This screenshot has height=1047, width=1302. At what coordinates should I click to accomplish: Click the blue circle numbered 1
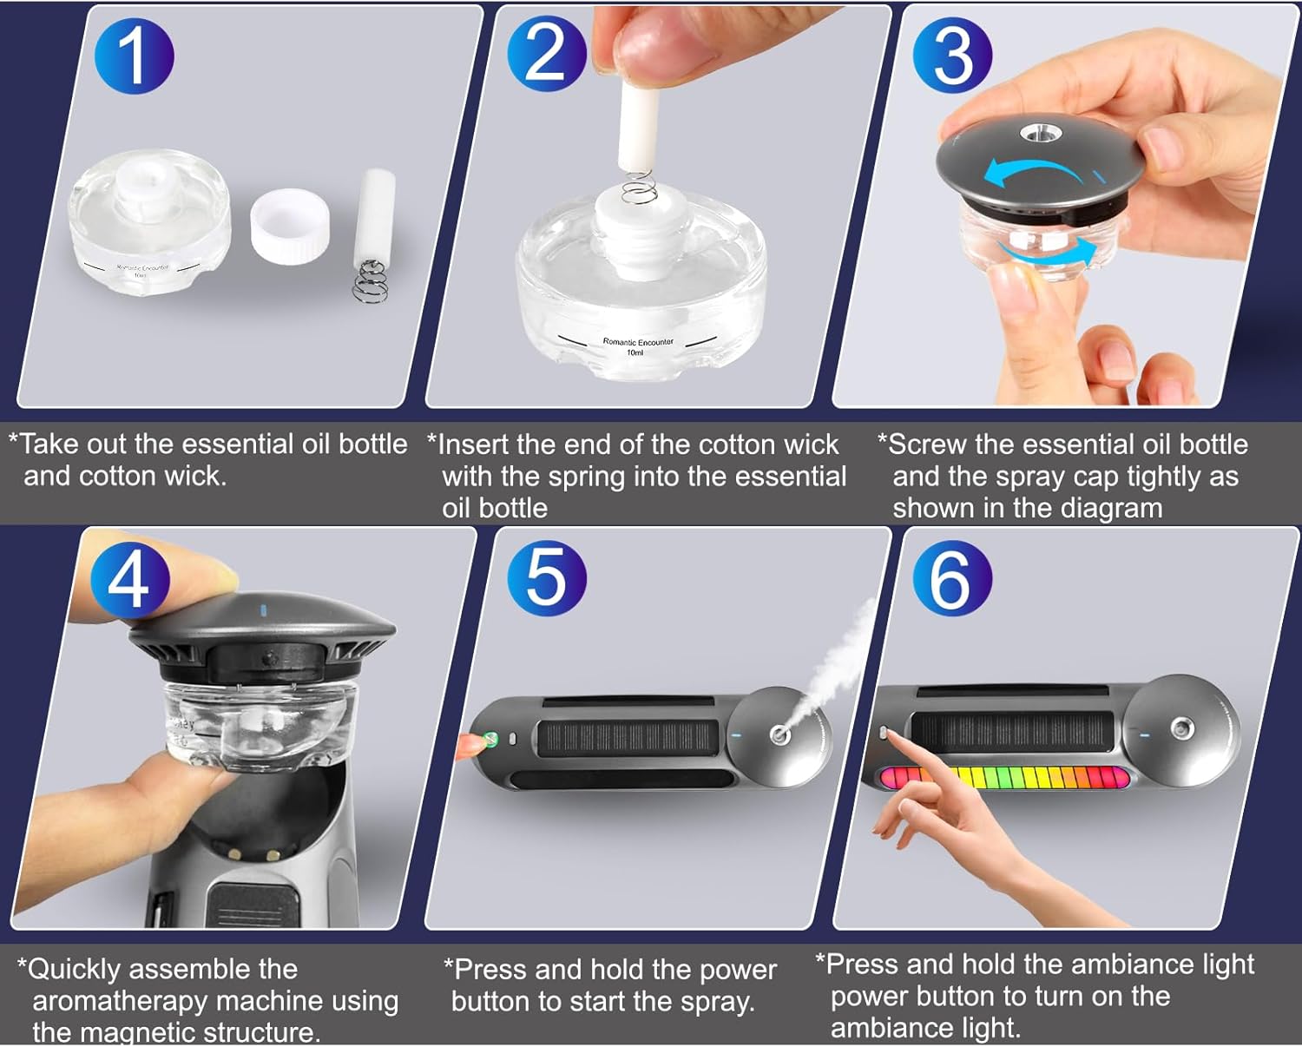[135, 55]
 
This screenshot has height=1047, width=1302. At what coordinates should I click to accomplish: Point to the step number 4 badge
[129, 578]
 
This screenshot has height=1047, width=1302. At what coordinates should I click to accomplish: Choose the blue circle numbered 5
[546, 579]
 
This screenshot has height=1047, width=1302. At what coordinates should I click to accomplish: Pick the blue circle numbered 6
[952, 578]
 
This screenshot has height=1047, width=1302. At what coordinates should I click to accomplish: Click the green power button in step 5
[490, 740]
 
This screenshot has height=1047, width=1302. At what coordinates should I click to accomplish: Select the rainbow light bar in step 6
[1003, 777]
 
